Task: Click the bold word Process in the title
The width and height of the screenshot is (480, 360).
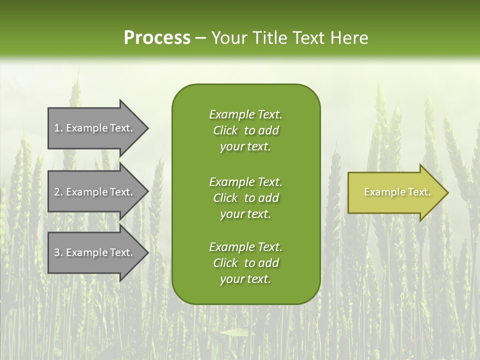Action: [157, 38]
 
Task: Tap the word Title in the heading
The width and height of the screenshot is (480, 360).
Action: [269, 38]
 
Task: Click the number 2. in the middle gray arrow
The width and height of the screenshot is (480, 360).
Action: [58, 192]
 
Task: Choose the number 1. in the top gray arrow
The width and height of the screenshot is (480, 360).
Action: [58, 128]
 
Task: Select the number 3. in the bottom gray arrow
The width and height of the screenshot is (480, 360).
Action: [58, 252]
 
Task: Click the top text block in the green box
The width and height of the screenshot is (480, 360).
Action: [245, 130]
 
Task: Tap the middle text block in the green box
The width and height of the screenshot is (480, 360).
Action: [245, 198]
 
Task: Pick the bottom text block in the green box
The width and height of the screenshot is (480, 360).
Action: [245, 263]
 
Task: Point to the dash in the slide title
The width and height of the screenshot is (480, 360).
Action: [201, 38]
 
